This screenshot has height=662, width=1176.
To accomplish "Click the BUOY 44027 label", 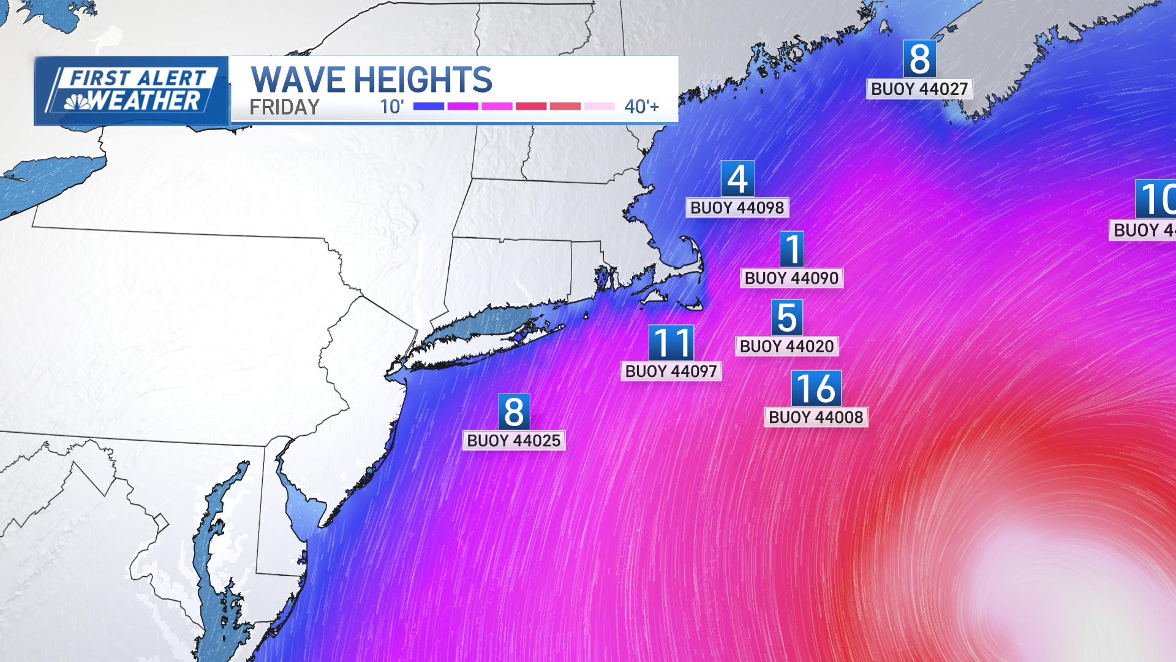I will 919,89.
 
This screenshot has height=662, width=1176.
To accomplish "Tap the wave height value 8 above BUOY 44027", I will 919,59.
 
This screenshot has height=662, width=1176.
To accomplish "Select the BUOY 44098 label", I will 737,208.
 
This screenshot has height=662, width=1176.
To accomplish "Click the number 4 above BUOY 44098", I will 737,179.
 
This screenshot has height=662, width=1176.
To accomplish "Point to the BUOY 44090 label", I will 791,278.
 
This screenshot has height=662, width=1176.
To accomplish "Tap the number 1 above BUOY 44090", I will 792,249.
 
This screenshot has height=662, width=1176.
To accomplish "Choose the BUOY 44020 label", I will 786,346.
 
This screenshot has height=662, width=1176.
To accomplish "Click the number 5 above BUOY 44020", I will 787,318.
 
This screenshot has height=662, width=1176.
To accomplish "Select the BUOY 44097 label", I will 671,371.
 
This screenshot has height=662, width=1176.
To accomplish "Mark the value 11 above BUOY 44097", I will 671,343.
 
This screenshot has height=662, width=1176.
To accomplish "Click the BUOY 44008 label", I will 816,417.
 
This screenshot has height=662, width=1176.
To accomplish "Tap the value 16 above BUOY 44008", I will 816,389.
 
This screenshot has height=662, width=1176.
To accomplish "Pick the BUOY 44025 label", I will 513,441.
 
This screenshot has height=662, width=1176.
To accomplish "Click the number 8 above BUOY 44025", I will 514,412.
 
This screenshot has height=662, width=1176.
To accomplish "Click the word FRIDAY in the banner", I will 284,107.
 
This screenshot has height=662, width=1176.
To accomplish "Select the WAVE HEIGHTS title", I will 371,80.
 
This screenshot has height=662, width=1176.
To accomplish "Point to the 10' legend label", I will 391,107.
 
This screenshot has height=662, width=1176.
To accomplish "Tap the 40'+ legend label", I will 641,107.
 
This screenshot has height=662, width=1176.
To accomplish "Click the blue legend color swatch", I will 429,107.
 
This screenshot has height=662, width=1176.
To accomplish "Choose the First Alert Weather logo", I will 132,91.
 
